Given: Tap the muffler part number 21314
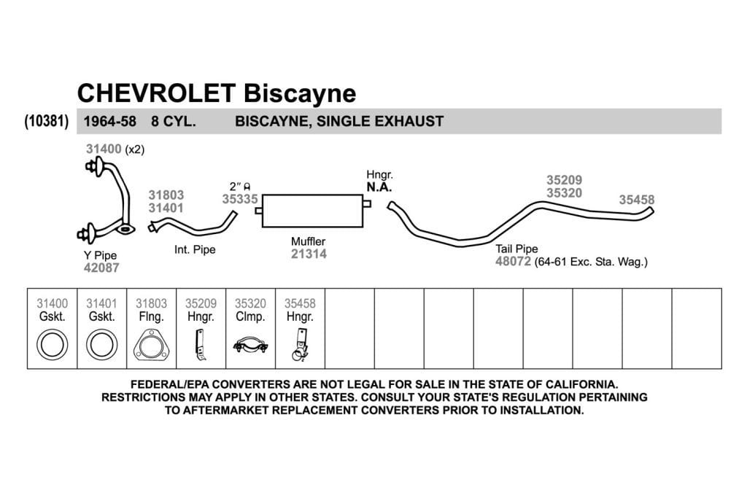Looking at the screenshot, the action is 309,254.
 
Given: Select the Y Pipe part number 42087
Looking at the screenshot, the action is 101,268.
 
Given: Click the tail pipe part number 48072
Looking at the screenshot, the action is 513,261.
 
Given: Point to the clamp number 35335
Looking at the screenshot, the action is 239,199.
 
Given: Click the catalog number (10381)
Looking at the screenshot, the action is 47,122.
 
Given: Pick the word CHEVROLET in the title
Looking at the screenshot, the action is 157,93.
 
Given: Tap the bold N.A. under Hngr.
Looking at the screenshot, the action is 379,187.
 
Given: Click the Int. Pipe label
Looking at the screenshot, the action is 195,249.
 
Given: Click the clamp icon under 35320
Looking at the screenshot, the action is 251,345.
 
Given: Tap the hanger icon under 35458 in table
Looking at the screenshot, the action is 300,345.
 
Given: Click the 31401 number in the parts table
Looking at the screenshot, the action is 101,303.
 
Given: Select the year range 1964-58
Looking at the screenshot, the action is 110,122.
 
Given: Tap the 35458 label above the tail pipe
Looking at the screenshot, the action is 636,200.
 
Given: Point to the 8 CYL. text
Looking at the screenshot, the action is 174,122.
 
